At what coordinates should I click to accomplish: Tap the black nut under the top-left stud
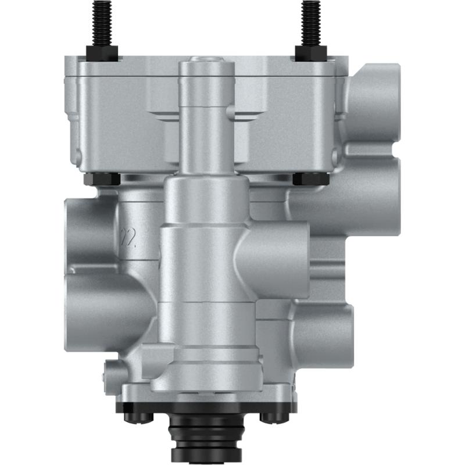[102, 53]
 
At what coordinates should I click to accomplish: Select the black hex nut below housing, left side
[102, 178]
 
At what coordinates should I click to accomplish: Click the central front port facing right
[279, 259]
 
